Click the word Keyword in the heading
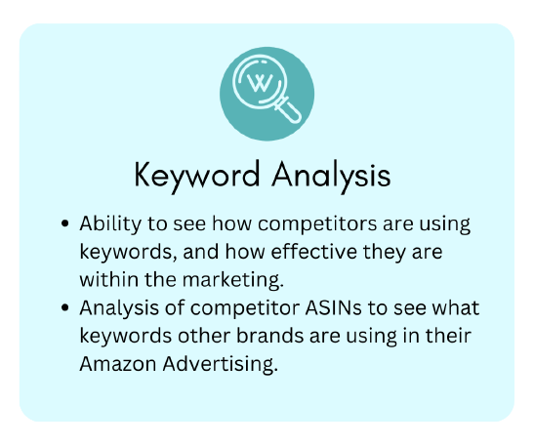[197, 176]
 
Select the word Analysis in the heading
[331, 176]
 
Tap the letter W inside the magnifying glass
[260, 82]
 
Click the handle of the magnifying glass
[289, 109]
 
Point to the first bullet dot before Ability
[64, 223]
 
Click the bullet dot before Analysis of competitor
[64, 307]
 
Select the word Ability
[110, 224]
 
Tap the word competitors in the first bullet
[317, 224]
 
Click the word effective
[313, 252]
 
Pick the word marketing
[233, 280]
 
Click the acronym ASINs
[333, 307]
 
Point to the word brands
[269, 336]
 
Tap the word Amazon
[118, 364]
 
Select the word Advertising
[221, 364]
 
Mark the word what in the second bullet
[455, 307]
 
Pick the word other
[204, 336]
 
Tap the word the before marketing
[160, 279]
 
